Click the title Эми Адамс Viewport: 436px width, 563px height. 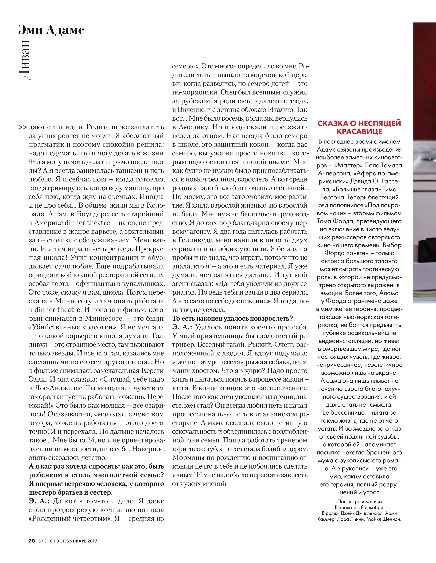(x=51, y=30)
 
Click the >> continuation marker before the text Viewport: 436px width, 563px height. (x=23, y=127)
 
